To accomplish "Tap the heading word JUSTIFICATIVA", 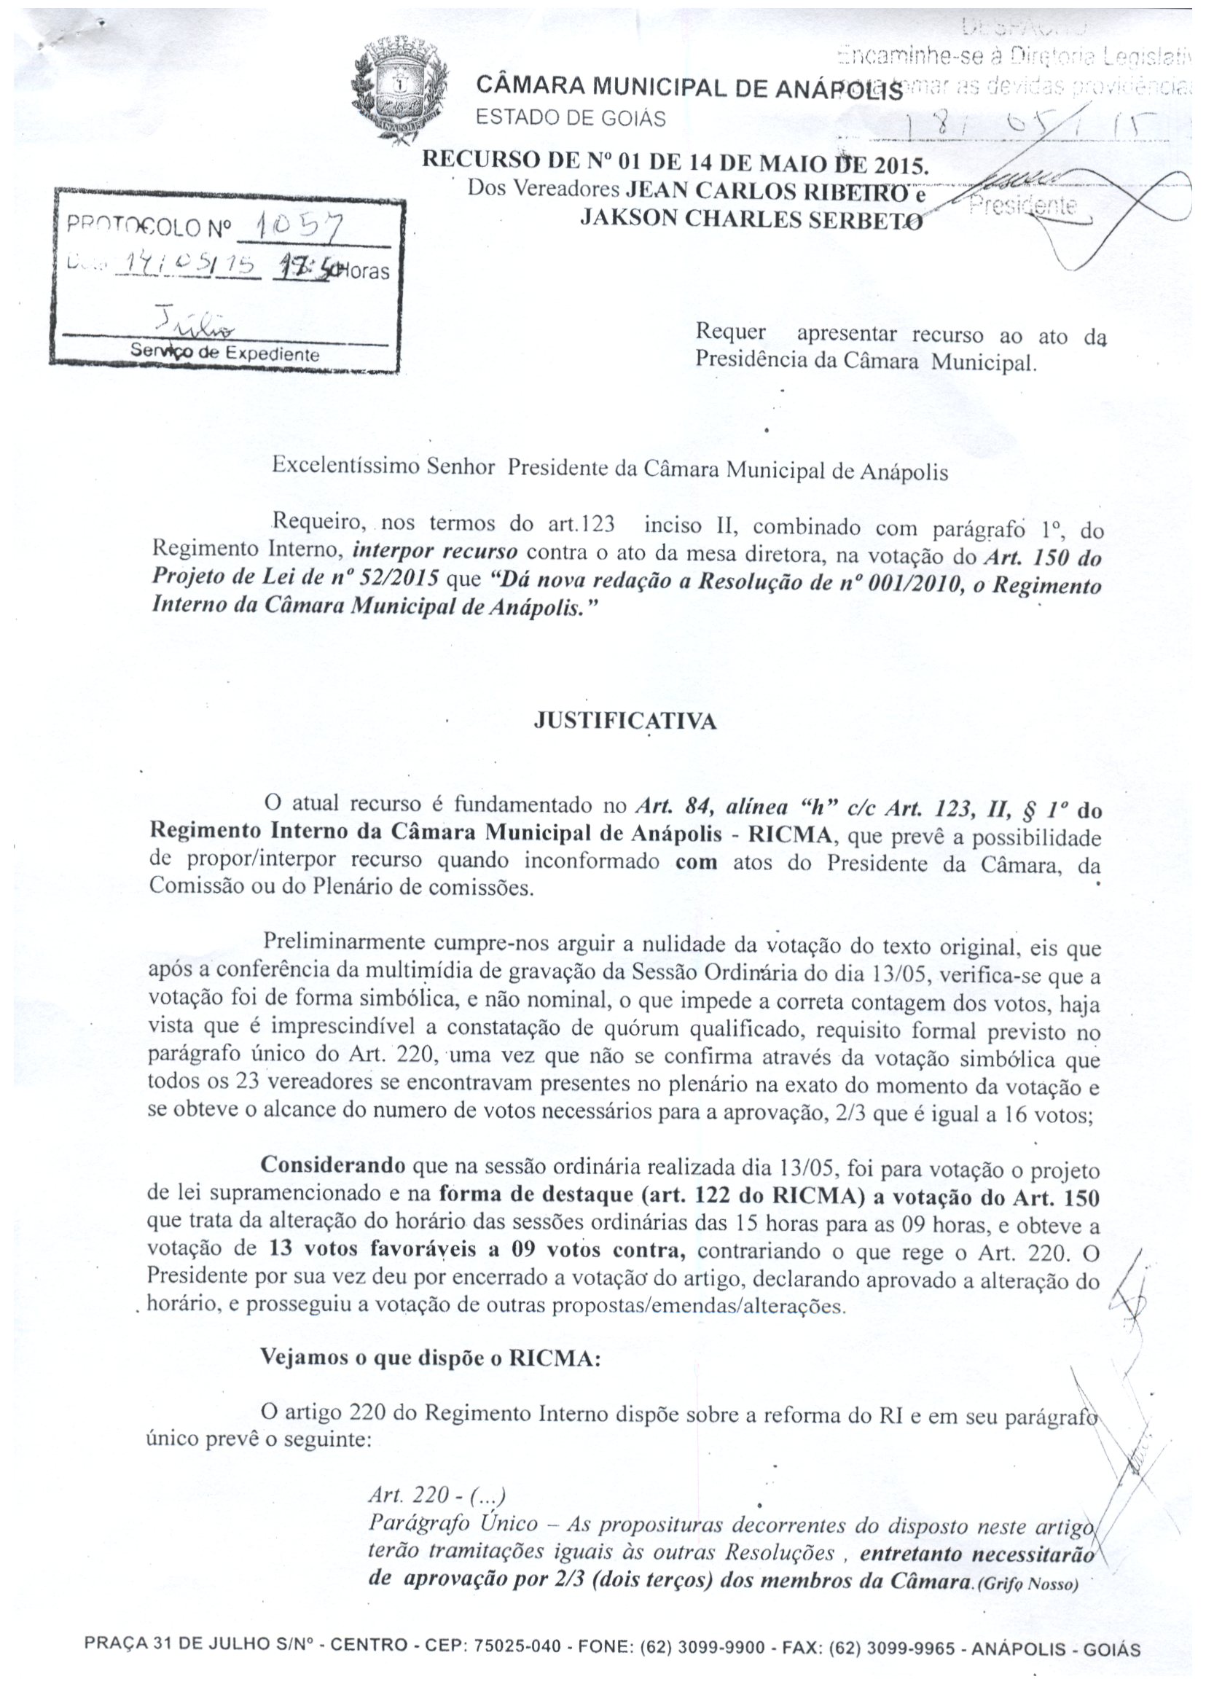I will [625, 721].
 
